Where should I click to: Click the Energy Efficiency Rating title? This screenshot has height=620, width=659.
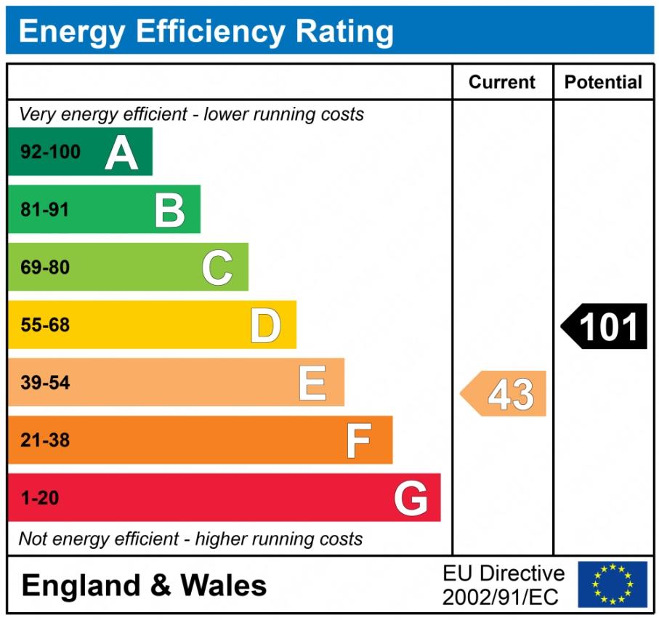coord(206,32)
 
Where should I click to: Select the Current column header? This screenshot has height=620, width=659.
coord(502,82)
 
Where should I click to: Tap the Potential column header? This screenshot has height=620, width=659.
coord(603,82)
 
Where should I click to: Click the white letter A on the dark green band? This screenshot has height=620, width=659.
coord(121,153)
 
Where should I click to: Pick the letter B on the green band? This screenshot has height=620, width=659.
coord(169,210)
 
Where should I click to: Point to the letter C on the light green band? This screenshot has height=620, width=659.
coord(217,267)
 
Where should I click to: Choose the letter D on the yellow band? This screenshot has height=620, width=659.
coord(265,326)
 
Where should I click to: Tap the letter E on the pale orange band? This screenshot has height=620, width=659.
coord(312,383)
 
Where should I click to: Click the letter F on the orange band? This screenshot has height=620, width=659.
coord(359,440)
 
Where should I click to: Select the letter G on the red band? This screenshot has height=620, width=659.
coord(411,499)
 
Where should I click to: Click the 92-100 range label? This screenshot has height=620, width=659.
coord(50,153)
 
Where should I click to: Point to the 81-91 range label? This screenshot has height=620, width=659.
coord(45,210)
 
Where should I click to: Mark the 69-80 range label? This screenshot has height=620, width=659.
coord(45,267)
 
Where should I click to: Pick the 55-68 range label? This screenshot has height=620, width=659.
coord(45,326)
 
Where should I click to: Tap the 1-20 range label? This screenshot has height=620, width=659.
coord(40,499)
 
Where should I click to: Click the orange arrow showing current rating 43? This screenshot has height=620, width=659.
coord(504,394)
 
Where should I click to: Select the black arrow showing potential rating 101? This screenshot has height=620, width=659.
coord(604,326)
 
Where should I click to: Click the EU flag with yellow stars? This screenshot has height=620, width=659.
coord(612,584)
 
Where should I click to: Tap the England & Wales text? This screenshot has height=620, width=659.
coord(145,585)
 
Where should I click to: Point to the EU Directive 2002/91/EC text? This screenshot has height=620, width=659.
coord(503,585)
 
